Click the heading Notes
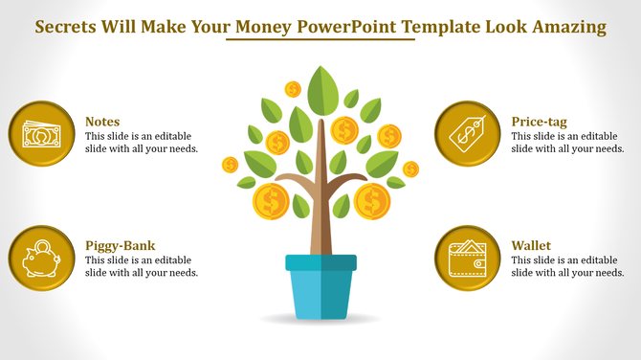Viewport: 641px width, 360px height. coord(102,122)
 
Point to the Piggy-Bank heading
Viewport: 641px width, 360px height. coord(120,245)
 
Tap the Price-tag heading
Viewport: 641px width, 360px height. coord(540,122)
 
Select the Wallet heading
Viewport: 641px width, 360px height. coord(531,245)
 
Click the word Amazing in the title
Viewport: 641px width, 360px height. coord(569,27)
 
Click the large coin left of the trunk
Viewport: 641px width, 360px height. coord(271,201)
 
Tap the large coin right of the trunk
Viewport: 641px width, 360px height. coord(371,201)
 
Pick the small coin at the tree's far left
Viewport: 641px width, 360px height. coord(230,165)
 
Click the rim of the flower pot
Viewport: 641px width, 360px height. coord(320,261)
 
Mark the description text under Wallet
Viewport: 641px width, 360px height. coord(567,266)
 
